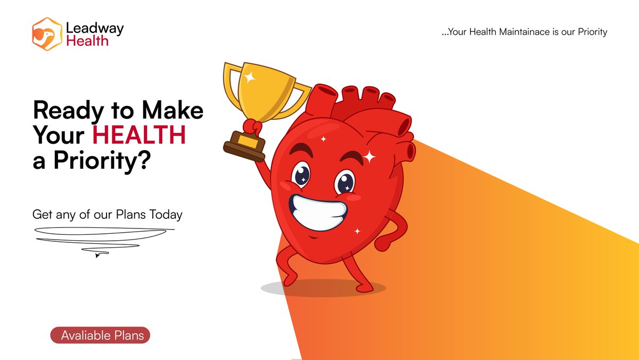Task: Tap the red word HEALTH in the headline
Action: (139, 136)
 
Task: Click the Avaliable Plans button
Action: (101, 336)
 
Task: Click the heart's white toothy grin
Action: (318, 210)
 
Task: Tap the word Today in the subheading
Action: (166, 215)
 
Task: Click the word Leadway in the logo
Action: (95, 28)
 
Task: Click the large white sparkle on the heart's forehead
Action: (369, 157)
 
